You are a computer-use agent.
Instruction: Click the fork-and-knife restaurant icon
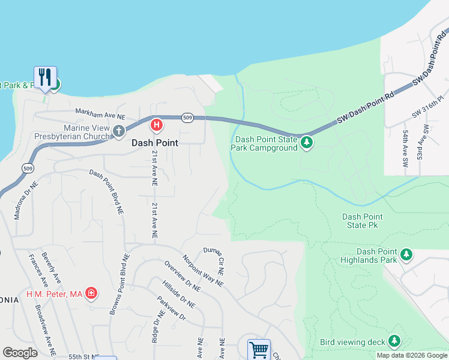click(x=45, y=77)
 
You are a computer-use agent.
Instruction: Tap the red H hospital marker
click(x=156, y=125)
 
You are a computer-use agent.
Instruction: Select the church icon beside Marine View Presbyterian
click(x=119, y=131)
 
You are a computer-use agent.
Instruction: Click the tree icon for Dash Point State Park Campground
click(x=307, y=143)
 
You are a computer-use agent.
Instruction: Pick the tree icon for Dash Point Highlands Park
click(x=406, y=255)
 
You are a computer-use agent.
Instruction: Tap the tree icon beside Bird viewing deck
click(x=394, y=341)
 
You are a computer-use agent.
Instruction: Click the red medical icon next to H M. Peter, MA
click(x=91, y=293)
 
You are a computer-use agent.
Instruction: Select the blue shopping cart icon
click(x=259, y=349)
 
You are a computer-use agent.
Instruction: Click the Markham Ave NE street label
click(x=100, y=113)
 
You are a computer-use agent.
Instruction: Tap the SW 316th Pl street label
click(x=427, y=105)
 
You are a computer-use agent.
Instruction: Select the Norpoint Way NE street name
click(x=203, y=271)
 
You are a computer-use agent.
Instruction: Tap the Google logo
click(x=20, y=353)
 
